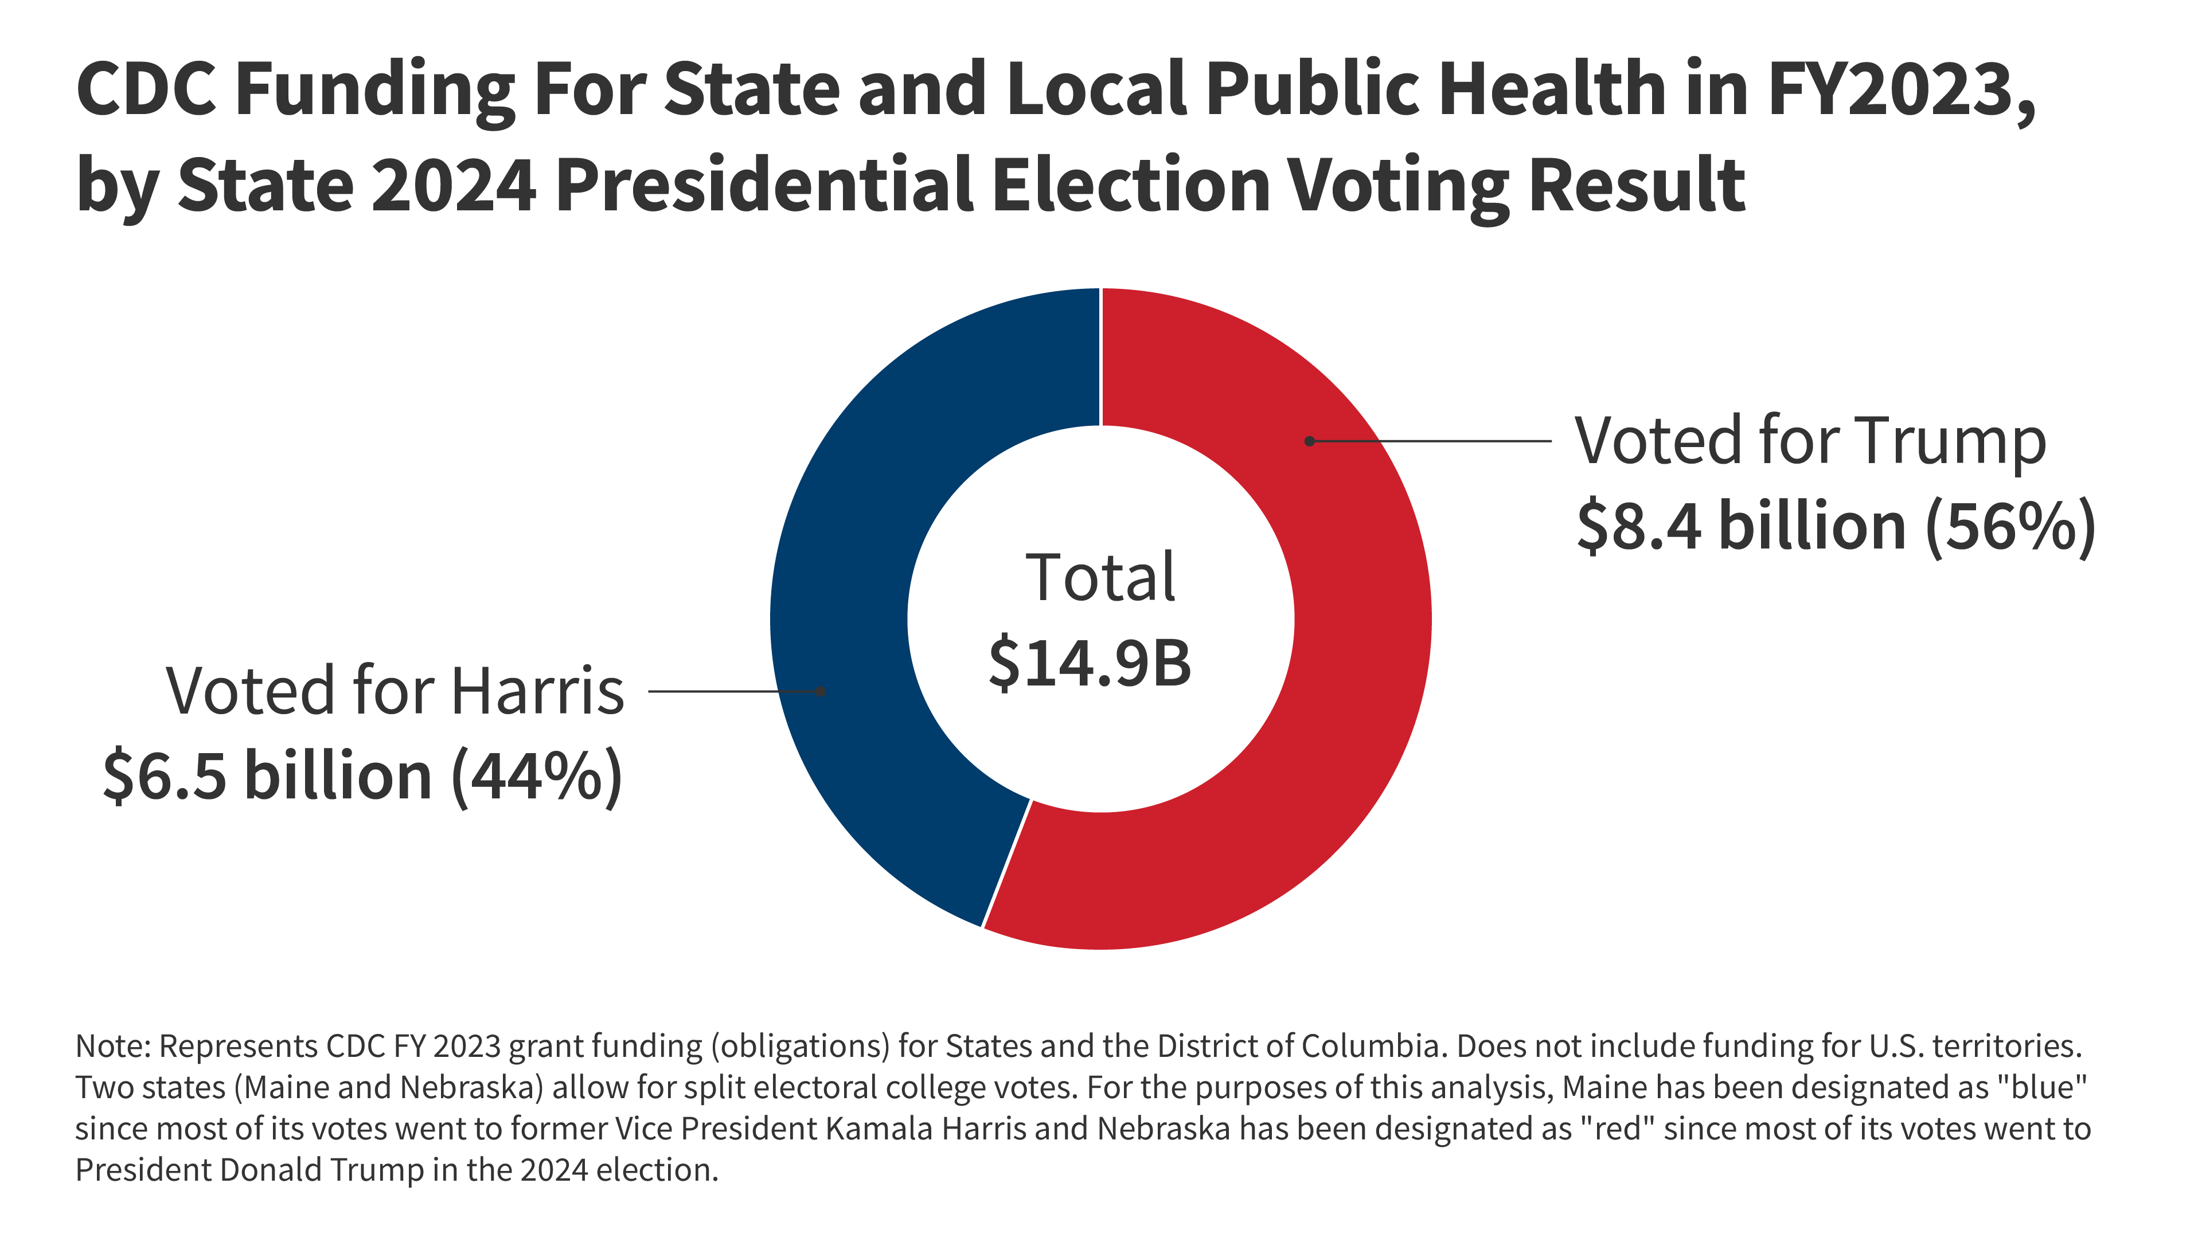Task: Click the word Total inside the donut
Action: (1100, 578)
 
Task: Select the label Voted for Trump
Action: (1810, 442)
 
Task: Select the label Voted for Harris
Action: (395, 691)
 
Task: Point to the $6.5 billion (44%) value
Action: (362, 777)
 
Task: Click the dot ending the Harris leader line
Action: (820, 691)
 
